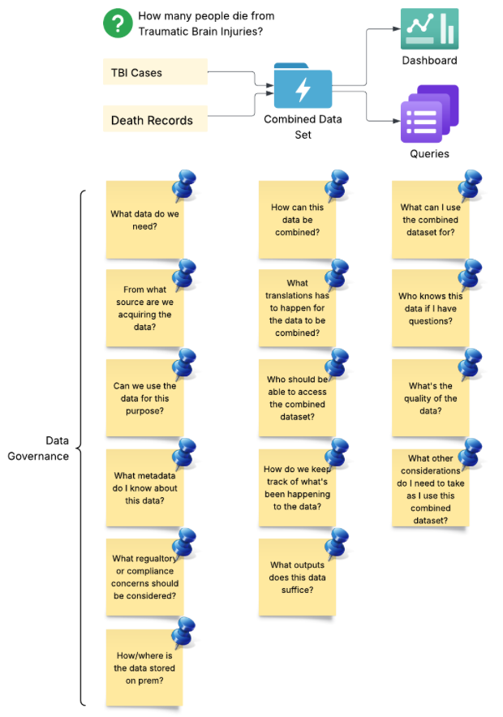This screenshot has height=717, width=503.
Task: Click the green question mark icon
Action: click(118, 23)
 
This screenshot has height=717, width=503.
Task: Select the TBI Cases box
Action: click(155, 72)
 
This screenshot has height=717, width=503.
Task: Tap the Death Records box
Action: click(155, 120)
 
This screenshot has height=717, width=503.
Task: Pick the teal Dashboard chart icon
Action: click(429, 29)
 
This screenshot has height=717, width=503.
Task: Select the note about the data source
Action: click(144, 309)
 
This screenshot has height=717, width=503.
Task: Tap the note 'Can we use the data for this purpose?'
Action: click(144, 398)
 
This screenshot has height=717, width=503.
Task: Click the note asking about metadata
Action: click(144, 488)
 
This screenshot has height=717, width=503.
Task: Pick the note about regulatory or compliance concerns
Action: click(144, 577)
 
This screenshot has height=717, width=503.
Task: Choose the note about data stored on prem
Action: click(144, 668)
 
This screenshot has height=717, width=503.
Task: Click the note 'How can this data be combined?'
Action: click(297, 220)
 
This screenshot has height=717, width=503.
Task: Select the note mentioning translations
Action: click(297, 308)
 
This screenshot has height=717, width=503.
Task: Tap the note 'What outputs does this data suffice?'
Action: click(297, 577)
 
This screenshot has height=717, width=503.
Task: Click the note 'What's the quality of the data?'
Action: click(431, 398)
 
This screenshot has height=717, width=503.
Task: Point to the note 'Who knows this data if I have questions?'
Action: click(431, 308)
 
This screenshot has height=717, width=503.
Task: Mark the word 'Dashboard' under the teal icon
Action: click(429, 61)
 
